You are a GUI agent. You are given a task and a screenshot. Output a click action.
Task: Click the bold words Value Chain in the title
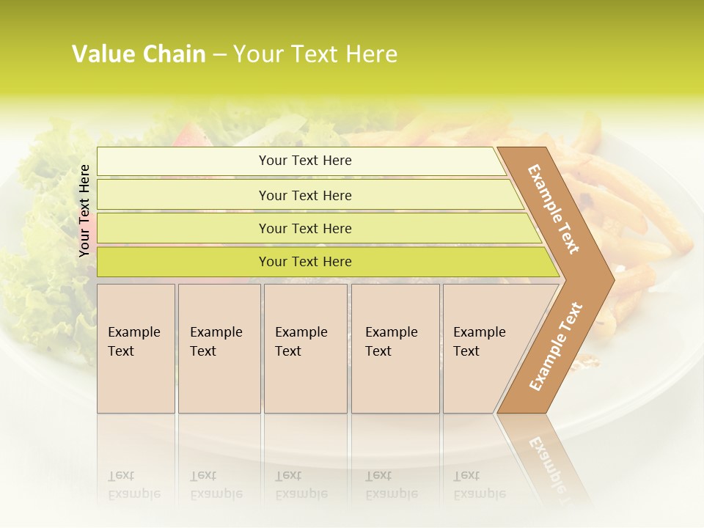(x=139, y=54)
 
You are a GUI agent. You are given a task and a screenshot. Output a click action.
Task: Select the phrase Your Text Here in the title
(x=315, y=54)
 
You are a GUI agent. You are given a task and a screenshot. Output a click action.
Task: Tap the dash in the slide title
(x=219, y=55)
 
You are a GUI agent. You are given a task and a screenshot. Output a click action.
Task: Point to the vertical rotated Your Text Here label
(x=84, y=210)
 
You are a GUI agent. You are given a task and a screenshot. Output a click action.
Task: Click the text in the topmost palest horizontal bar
(x=305, y=161)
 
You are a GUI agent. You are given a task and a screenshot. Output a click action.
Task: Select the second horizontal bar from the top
(x=305, y=195)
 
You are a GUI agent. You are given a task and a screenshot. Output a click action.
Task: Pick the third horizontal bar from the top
(x=305, y=228)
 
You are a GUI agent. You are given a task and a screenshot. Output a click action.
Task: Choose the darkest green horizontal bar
(x=305, y=262)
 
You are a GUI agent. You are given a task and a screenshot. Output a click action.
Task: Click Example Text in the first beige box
(x=133, y=342)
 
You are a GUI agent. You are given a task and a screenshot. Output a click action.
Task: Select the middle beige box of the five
(x=305, y=348)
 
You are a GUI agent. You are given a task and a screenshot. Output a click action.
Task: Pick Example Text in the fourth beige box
(x=391, y=342)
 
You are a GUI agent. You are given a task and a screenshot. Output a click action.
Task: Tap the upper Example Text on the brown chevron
(x=554, y=210)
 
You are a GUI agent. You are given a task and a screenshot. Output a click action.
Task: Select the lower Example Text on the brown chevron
(x=556, y=346)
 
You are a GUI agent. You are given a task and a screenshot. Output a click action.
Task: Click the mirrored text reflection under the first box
(x=133, y=484)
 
